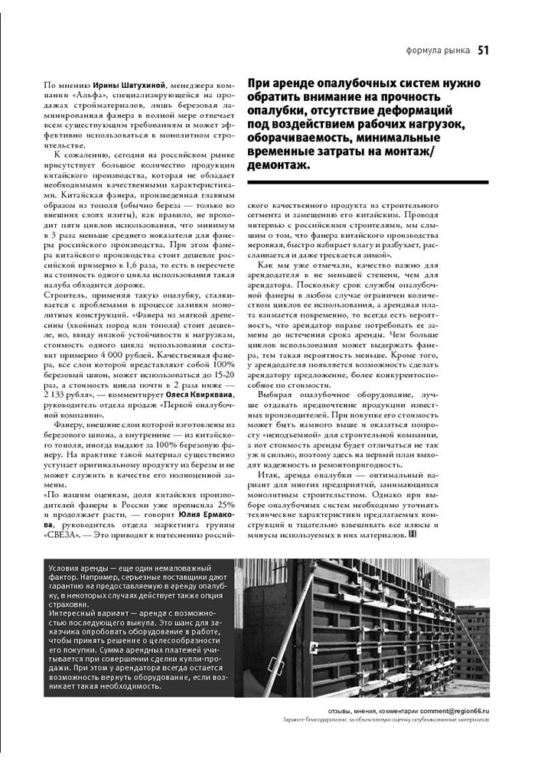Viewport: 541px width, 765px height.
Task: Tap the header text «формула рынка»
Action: coord(435,51)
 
